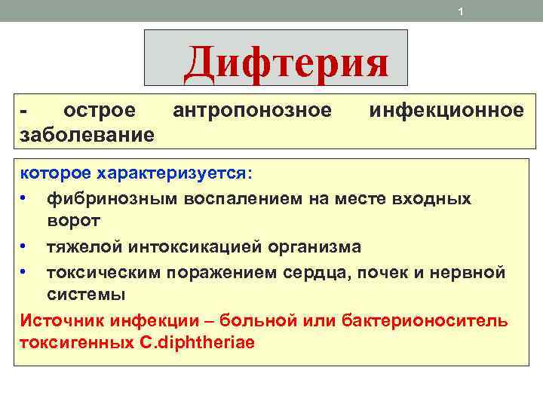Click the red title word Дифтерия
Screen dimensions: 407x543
coord(286,63)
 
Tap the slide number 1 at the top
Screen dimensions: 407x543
coord(460,11)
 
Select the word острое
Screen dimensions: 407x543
coord(100,111)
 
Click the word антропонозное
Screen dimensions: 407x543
coord(252,111)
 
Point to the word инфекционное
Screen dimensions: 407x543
coord(446,111)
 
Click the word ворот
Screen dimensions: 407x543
coord(72,220)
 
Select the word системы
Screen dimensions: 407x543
coord(86,294)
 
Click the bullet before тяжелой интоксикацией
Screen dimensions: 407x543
coord(25,246)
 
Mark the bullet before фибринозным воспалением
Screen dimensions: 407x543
coord(25,197)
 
